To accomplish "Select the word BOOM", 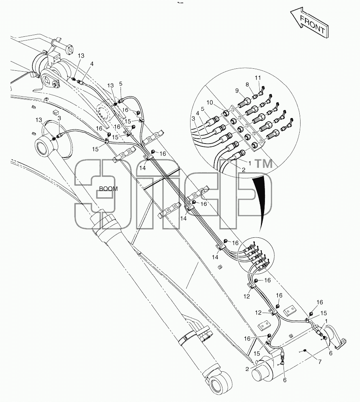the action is point(108,189).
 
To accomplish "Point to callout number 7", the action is point(320,362).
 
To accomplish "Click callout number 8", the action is point(247,85).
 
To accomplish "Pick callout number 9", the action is point(237,91).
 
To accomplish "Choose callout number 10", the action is point(210,103).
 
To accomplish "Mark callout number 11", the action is point(258,78).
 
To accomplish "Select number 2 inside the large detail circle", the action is point(244,169).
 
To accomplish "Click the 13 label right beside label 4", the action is point(81,56).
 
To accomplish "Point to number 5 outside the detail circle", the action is point(121,84).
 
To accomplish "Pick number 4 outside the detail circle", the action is point(91,63).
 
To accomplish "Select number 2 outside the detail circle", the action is point(247,369).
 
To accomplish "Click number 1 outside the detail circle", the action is point(326,321).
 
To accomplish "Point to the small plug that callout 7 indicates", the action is point(304,350).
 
